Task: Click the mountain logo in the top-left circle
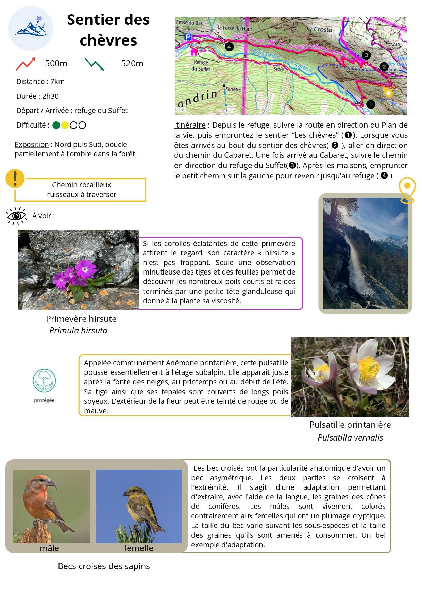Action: point(31,28)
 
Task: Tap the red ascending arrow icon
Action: point(26,64)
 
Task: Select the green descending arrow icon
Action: point(94,64)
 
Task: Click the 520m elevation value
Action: point(132,64)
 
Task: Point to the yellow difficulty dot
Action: point(65,125)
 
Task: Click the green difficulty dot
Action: point(56,125)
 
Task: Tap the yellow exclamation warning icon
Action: point(15,178)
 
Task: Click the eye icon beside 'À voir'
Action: point(16,216)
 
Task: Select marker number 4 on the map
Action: point(229,47)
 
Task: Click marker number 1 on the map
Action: point(370,104)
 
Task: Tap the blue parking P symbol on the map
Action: point(187,37)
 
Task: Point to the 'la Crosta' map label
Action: point(319,29)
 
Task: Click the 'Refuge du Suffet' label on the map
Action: point(201,65)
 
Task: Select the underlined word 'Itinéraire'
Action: point(190,125)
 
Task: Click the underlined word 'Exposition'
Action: point(32,144)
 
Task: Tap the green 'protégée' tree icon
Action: point(44,380)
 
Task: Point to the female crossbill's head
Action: point(130,492)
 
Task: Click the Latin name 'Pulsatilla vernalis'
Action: point(350,437)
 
